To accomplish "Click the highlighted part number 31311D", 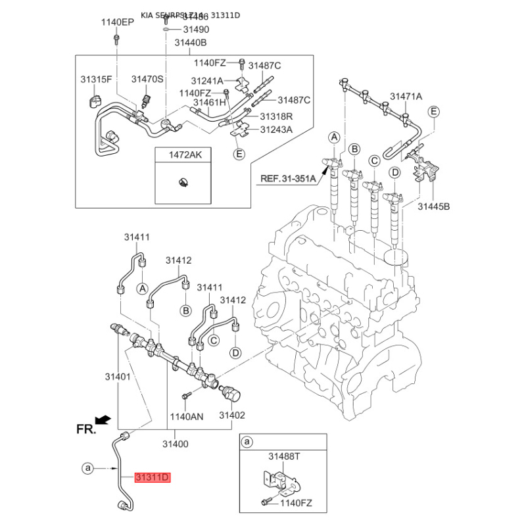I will click(x=153, y=478).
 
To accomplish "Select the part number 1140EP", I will click(x=117, y=22).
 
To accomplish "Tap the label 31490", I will click(x=196, y=30).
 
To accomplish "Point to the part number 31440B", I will click(x=191, y=43).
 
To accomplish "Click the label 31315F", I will click(x=97, y=79).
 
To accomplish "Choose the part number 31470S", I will click(x=147, y=79).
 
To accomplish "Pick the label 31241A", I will click(x=207, y=80).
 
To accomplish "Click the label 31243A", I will click(x=276, y=130).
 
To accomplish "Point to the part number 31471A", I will click(x=406, y=97).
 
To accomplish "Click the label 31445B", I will click(x=434, y=206).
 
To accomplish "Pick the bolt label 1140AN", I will click(x=187, y=416).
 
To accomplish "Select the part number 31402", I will click(x=232, y=416).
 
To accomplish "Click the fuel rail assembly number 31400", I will click(x=175, y=444).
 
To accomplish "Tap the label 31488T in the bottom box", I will click(x=284, y=456).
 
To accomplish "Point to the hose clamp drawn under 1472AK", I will click(x=183, y=182).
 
